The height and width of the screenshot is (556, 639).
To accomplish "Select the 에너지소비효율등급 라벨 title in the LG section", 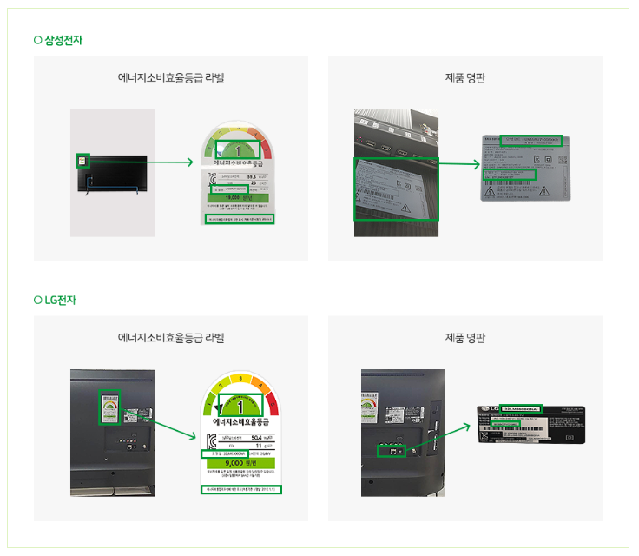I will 171,337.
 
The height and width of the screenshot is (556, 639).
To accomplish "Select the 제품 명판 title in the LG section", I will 464,337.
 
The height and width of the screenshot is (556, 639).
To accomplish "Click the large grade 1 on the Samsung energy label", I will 238,149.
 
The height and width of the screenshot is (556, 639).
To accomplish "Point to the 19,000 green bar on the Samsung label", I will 239,197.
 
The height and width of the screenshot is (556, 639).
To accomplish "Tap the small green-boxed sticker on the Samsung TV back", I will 82,160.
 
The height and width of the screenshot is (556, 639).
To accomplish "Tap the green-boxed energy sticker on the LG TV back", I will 110,407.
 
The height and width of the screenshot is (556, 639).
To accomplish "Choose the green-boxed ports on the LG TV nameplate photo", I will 391,450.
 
